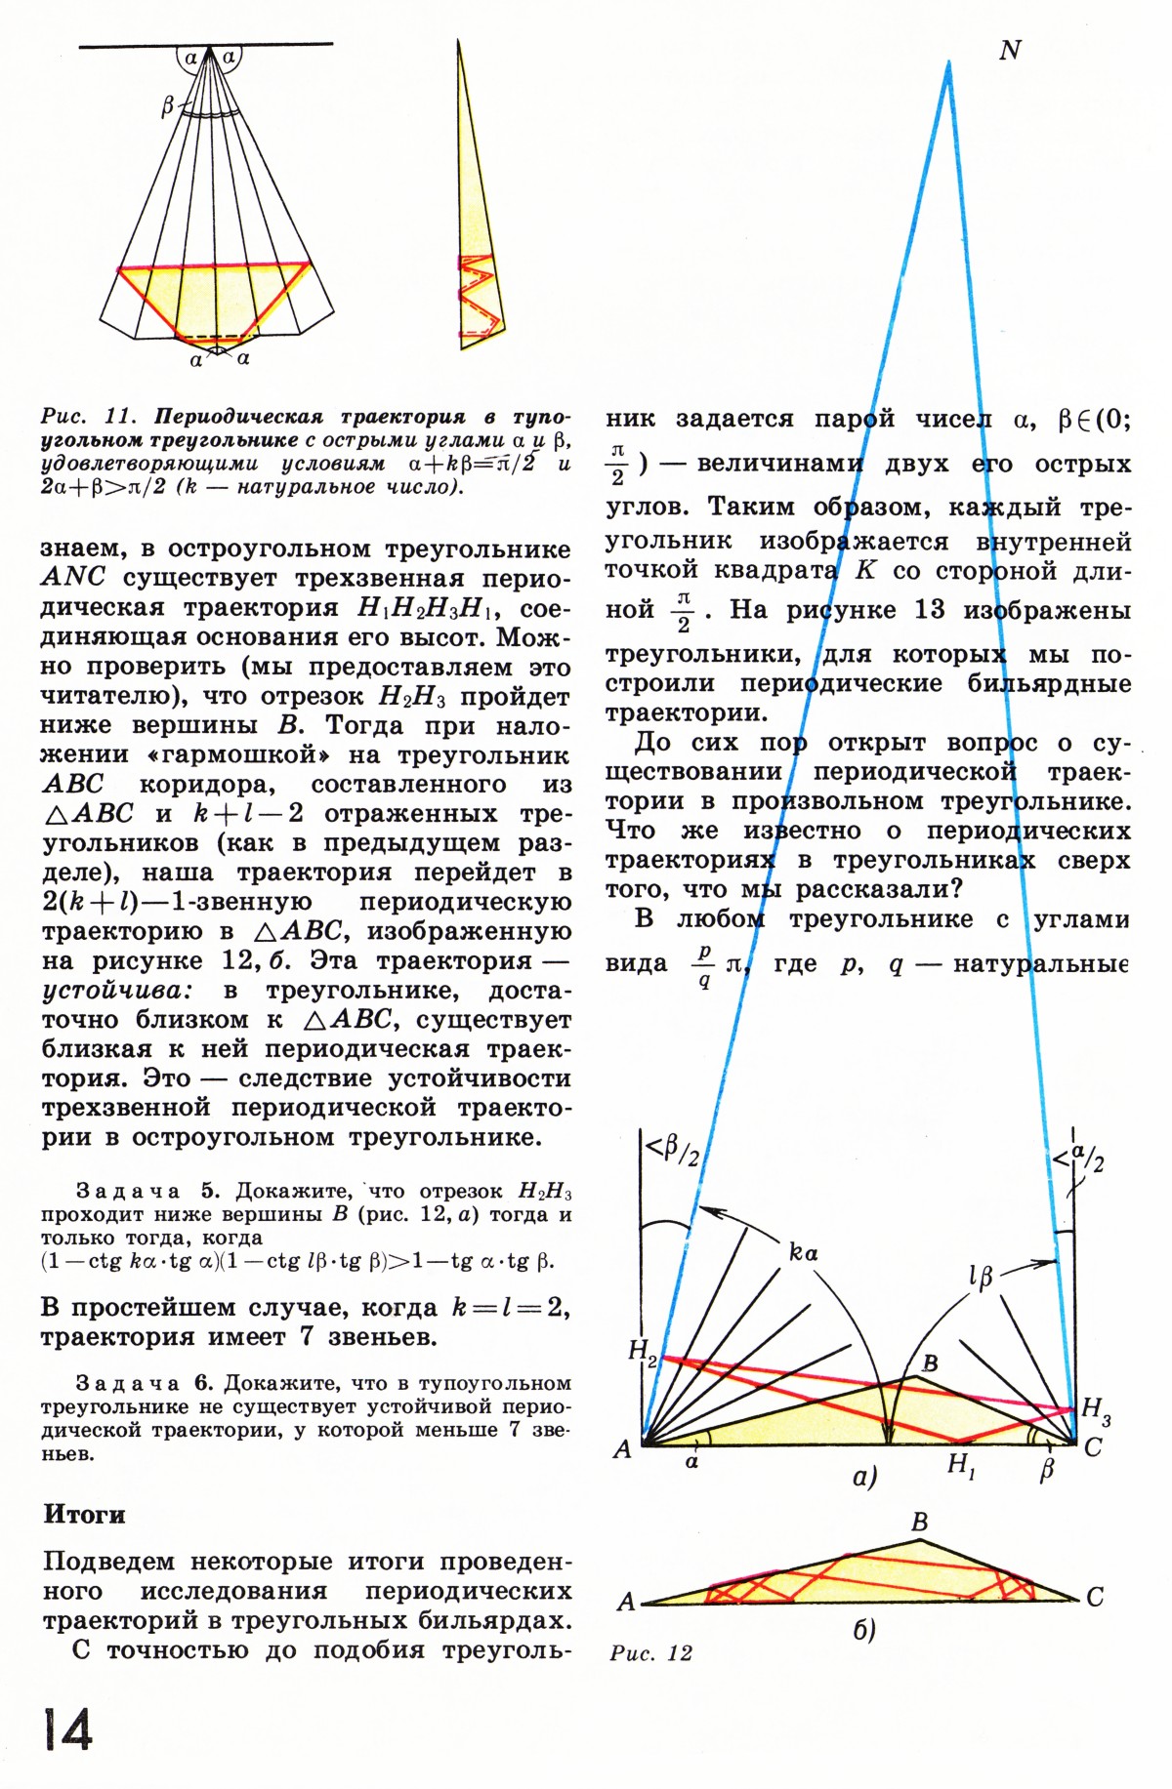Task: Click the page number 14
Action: click(67, 1729)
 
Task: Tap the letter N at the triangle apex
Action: click(1010, 51)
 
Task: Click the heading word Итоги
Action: click(84, 1514)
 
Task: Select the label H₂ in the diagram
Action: click(643, 1352)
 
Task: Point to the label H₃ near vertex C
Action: click(1096, 1409)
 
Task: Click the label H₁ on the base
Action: click(961, 1465)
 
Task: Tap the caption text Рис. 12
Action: click(650, 1652)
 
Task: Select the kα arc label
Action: click(803, 1253)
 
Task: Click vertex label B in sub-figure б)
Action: click(919, 1522)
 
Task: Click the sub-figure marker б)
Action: click(863, 1631)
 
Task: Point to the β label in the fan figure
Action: click(167, 106)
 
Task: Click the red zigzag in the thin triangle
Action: click(476, 298)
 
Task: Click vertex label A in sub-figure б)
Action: click(626, 1602)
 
